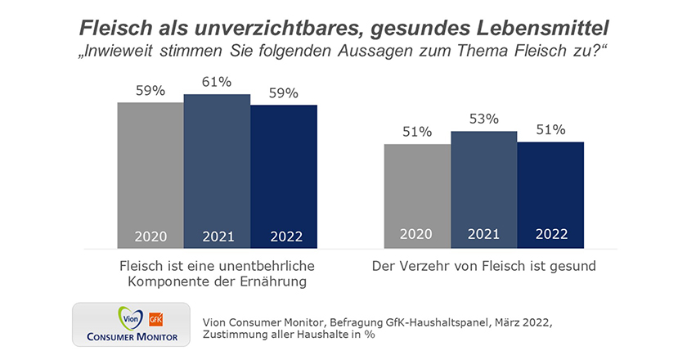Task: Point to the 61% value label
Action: (217, 82)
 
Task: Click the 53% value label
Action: (483, 119)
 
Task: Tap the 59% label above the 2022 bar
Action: (283, 92)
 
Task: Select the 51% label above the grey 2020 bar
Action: (417, 132)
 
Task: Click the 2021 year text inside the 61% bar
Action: (217, 236)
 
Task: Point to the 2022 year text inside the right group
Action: (550, 234)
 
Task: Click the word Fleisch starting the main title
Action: (110, 28)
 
